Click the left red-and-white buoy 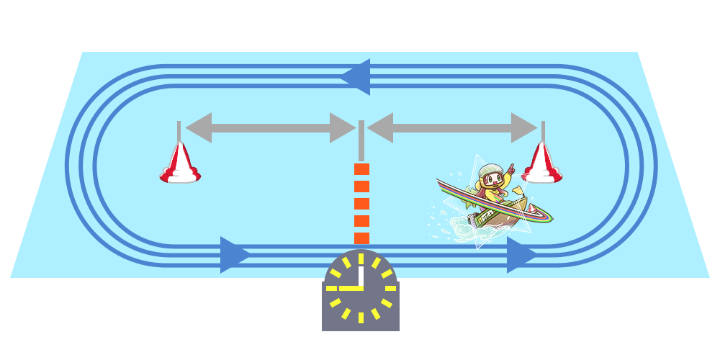coord(180,165)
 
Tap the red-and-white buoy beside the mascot coord(542,164)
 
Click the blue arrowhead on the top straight coord(356,76)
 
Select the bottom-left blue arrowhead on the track coord(235,255)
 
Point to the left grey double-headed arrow coord(270,127)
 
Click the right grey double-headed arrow coord(452,127)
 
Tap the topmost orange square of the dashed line coord(361,169)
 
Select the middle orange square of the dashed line coord(361,204)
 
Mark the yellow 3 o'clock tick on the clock coord(391,287)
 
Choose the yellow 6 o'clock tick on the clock coord(361,317)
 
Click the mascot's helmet coord(491,171)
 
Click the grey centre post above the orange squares coord(361,140)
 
